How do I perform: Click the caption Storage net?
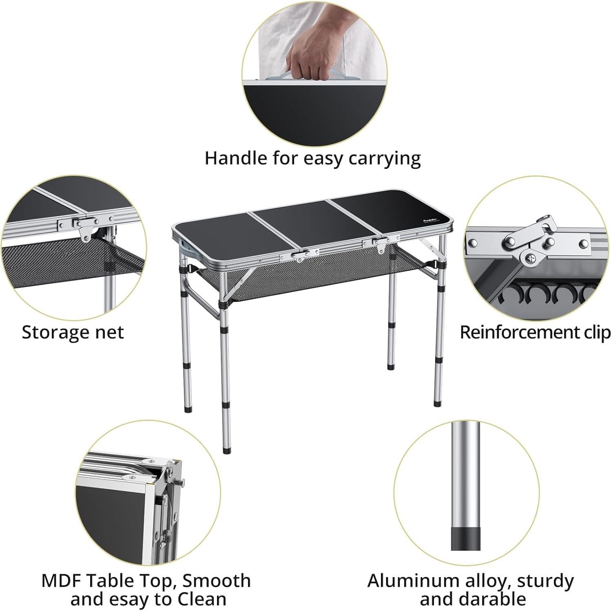coord(73,332)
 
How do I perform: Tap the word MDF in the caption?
coord(61,580)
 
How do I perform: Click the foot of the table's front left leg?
coord(226,451)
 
